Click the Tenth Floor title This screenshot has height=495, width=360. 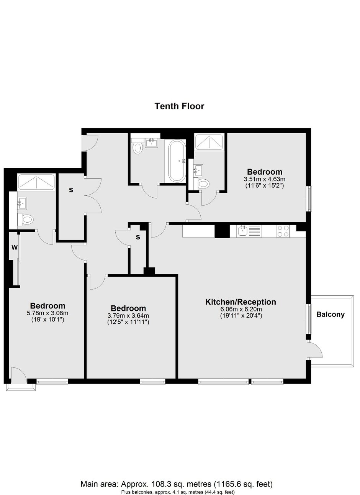[179, 106]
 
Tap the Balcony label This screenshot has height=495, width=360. [330, 315]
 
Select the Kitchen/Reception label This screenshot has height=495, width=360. [241, 302]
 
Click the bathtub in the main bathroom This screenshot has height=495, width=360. [177, 161]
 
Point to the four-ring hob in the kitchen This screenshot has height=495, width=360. [283, 231]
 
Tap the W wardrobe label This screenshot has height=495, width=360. [14, 247]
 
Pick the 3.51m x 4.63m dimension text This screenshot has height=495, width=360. [265, 179]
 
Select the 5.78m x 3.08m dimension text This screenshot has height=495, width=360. [47, 313]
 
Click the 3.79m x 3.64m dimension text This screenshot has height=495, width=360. [128, 316]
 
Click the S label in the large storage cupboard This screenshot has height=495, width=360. [71, 190]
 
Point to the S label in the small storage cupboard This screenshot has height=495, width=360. [138, 237]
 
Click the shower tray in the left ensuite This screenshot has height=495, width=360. [36, 182]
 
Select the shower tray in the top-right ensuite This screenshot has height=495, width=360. [209, 142]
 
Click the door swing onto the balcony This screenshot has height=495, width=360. [314, 349]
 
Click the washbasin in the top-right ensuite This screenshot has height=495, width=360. [198, 170]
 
